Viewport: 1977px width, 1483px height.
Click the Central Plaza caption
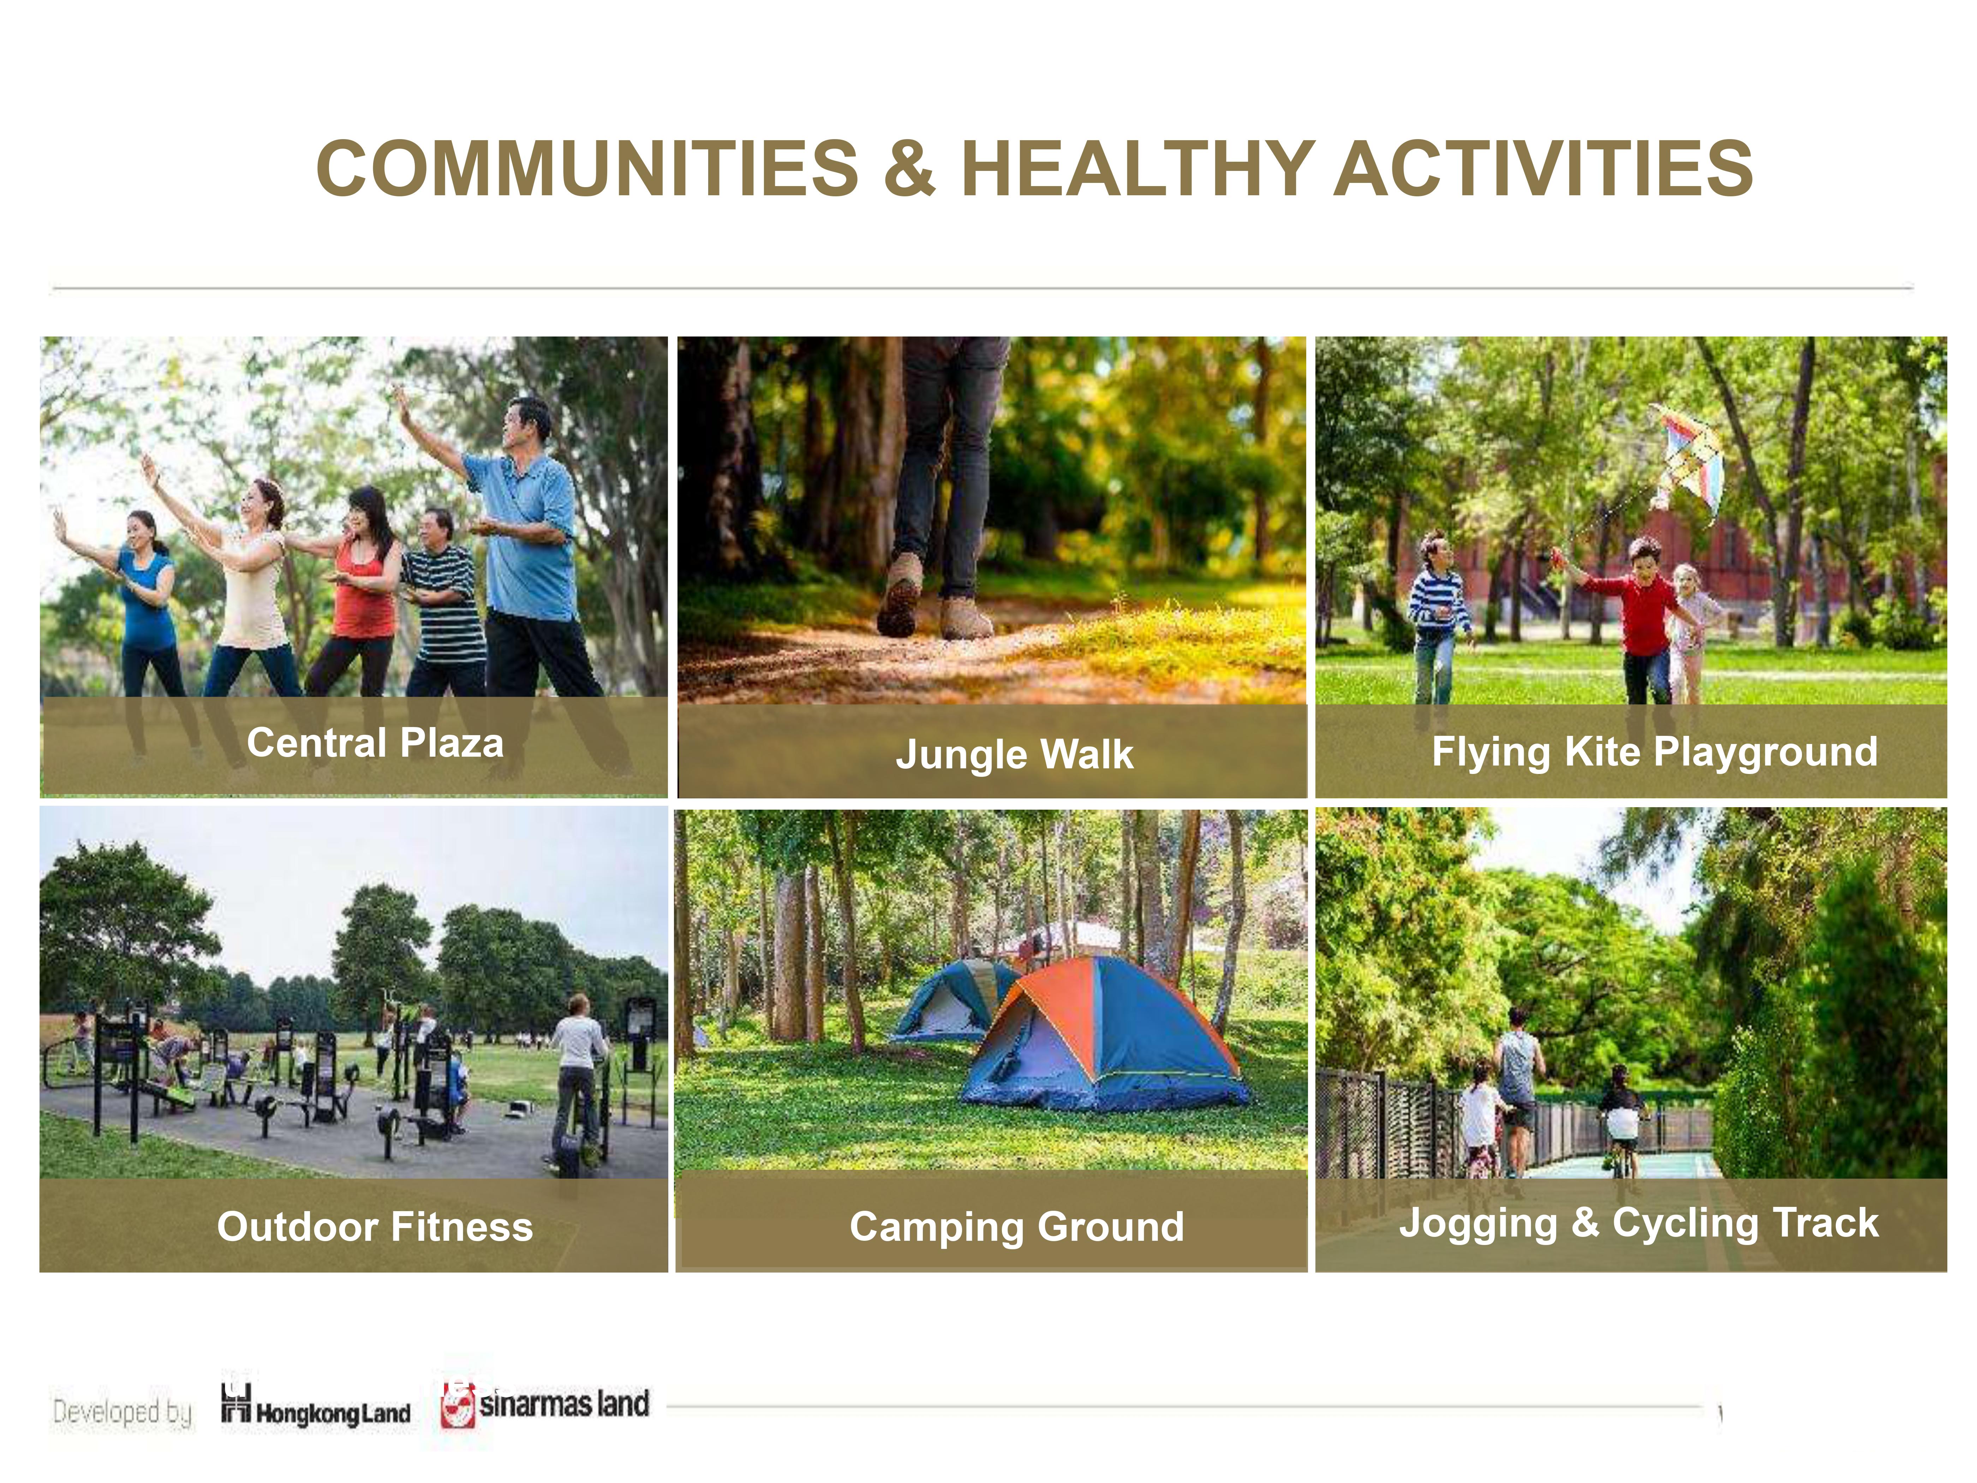coord(375,742)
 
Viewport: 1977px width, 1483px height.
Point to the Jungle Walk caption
coord(1014,754)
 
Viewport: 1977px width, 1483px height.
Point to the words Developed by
coord(123,1412)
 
